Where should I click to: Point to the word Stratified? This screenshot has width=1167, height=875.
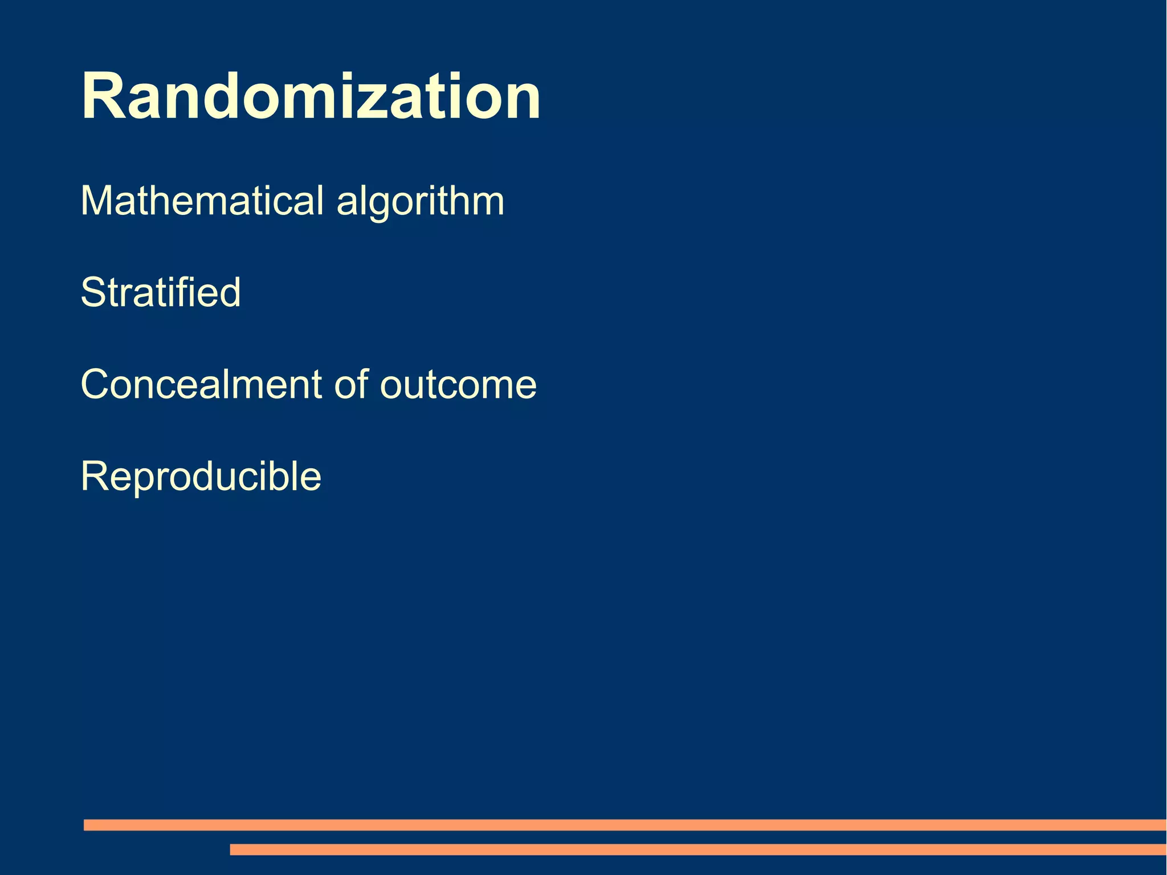(161, 292)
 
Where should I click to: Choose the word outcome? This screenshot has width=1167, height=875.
(458, 385)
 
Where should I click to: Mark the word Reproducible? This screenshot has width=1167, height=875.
(201, 477)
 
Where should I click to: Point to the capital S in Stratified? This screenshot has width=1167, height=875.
(94, 292)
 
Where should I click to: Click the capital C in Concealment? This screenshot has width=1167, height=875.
(97, 384)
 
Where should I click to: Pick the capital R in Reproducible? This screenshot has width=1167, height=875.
(95, 477)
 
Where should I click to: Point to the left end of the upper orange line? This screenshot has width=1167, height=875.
(87, 825)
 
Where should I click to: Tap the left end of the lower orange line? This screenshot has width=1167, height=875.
(233, 849)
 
